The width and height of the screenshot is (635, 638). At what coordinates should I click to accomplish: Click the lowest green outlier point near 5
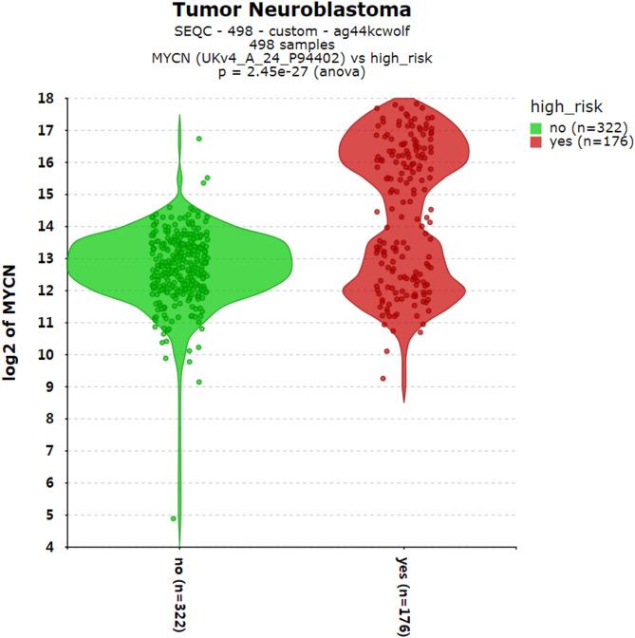click(173, 518)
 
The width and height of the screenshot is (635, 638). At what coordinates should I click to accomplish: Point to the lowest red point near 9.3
click(383, 378)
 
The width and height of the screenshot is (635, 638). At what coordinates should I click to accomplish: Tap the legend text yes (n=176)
click(581, 141)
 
